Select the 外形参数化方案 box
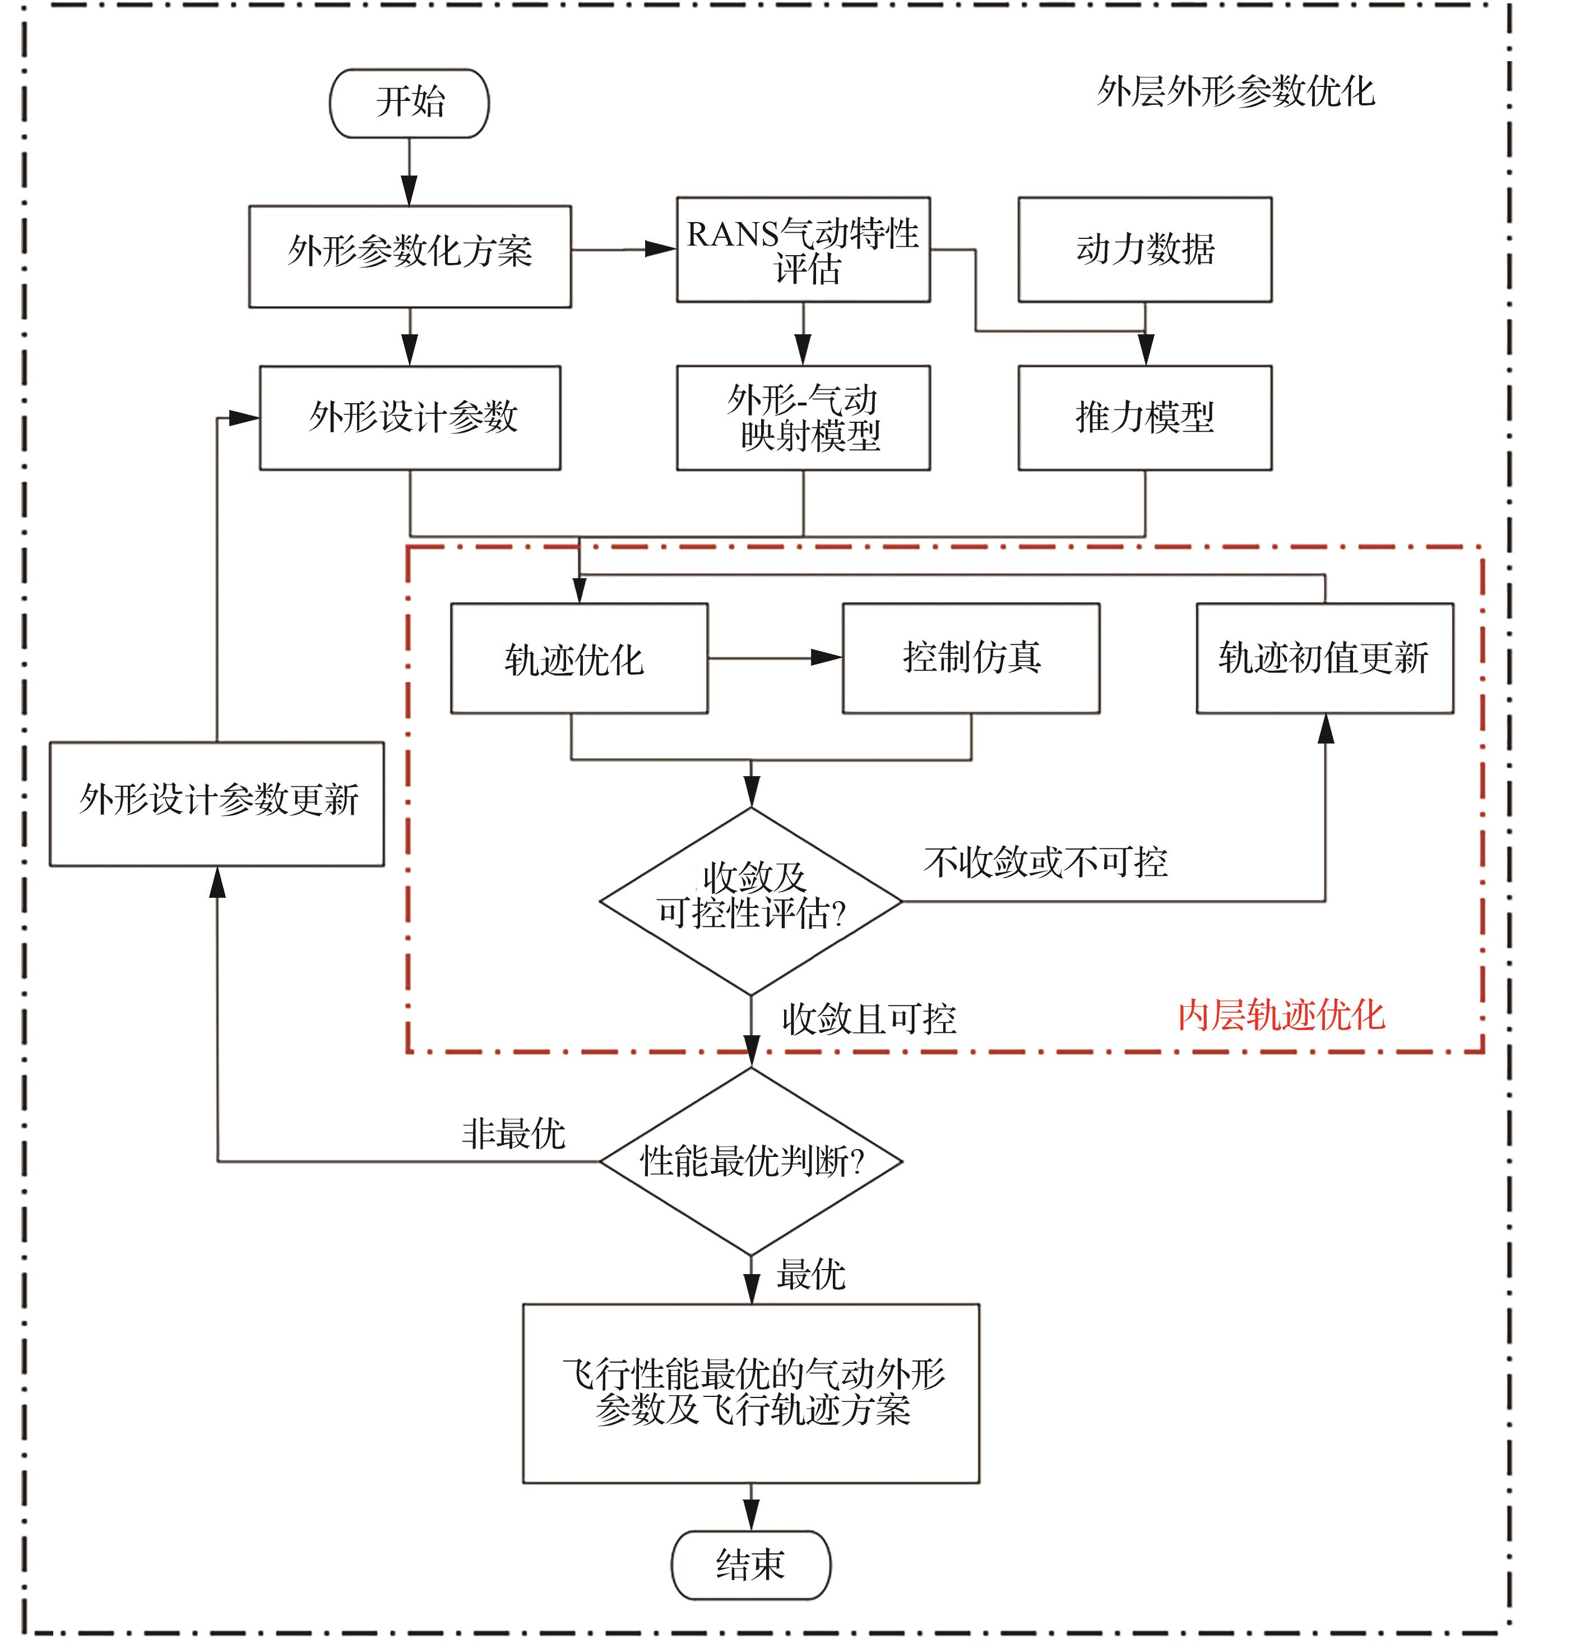coord(410,256)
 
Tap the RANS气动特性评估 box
coord(803,250)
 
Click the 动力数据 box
coord(1144,250)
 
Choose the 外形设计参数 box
coord(410,417)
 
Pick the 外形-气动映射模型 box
coord(803,417)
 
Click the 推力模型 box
coord(1144,417)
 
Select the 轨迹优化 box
coord(578,658)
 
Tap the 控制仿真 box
coord(971,658)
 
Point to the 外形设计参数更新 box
coord(217,804)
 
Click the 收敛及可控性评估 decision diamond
coord(750,901)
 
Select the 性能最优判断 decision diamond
coord(750,1161)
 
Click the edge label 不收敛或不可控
coord(1045,862)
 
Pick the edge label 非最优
coord(513,1133)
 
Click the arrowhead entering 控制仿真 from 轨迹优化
coord(827,658)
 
